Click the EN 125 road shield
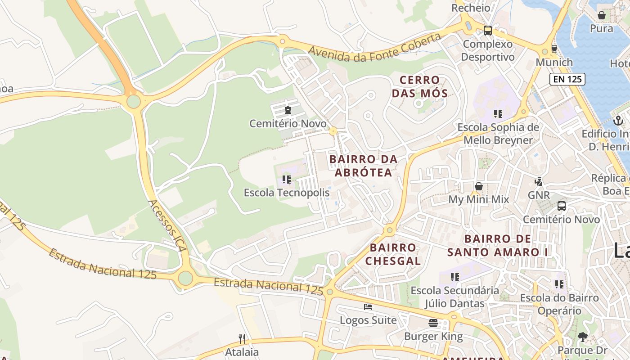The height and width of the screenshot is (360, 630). pyautogui.click(x=567, y=79)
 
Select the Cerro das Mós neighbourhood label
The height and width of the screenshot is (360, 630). pyautogui.click(x=419, y=87)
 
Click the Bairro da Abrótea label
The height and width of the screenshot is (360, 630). pyautogui.click(x=364, y=166)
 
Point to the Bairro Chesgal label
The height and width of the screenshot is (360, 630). pyautogui.click(x=393, y=254)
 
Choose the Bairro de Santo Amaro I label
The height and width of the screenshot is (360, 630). pyautogui.click(x=497, y=245)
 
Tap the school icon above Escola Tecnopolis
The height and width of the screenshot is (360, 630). pyautogui.click(x=287, y=180)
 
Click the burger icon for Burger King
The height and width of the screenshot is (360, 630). pyautogui.click(x=433, y=323)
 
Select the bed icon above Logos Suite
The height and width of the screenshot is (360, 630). pyautogui.click(x=368, y=307)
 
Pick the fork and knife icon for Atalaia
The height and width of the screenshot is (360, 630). pyautogui.click(x=242, y=338)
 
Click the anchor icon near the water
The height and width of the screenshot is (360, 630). pyautogui.click(x=618, y=120)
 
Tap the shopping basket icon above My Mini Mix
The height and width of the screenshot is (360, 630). pyautogui.click(x=479, y=186)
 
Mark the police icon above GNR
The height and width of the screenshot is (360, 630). pyautogui.click(x=538, y=182)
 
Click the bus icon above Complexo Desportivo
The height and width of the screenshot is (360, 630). pyautogui.click(x=488, y=31)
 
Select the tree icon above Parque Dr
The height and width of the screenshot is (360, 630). pyautogui.click(x=583, y=337)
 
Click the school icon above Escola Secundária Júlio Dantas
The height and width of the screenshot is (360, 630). pyautogui.click(x=455, y=277)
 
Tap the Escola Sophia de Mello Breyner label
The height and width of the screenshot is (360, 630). pyautogui.click(x=498, y=134)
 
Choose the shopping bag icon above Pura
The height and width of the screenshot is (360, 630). pyautogui.click(x=601, y=15)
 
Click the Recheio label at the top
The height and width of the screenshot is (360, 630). pyautogui.click(x=471, y=8)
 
